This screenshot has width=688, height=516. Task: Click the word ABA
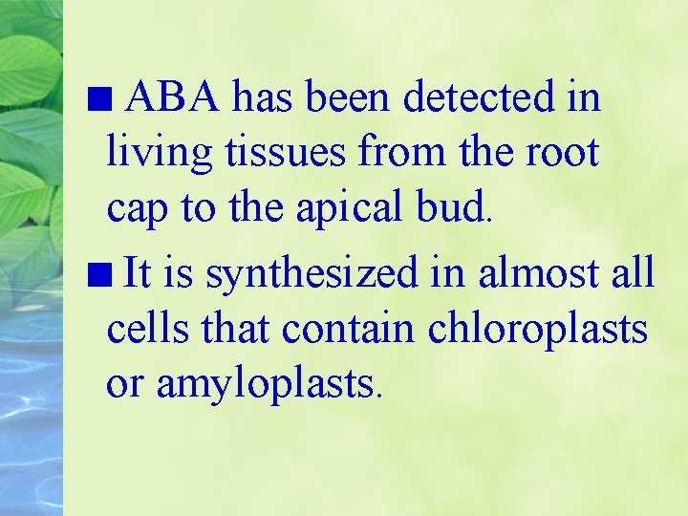(x=174, y=97)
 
